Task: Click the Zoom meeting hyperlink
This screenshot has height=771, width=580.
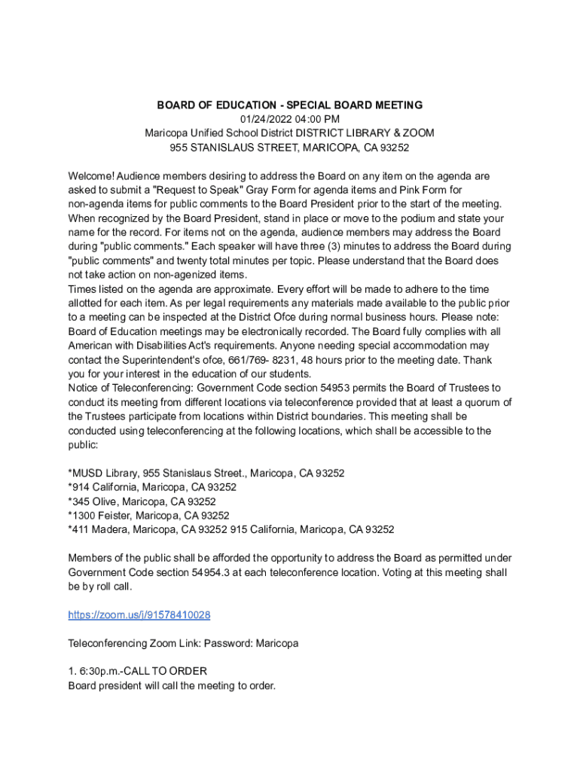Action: pos(139,615)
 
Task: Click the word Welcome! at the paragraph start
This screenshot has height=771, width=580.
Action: pos(91,175)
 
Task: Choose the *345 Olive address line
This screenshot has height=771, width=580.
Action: pos(142,501)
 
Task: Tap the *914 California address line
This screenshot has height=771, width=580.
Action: pos(152,487)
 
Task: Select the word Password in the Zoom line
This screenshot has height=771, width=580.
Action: pos(232,644)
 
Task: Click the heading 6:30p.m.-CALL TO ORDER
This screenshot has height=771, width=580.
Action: pos(137,672)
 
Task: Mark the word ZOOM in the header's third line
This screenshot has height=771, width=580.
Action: pos(419,133)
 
